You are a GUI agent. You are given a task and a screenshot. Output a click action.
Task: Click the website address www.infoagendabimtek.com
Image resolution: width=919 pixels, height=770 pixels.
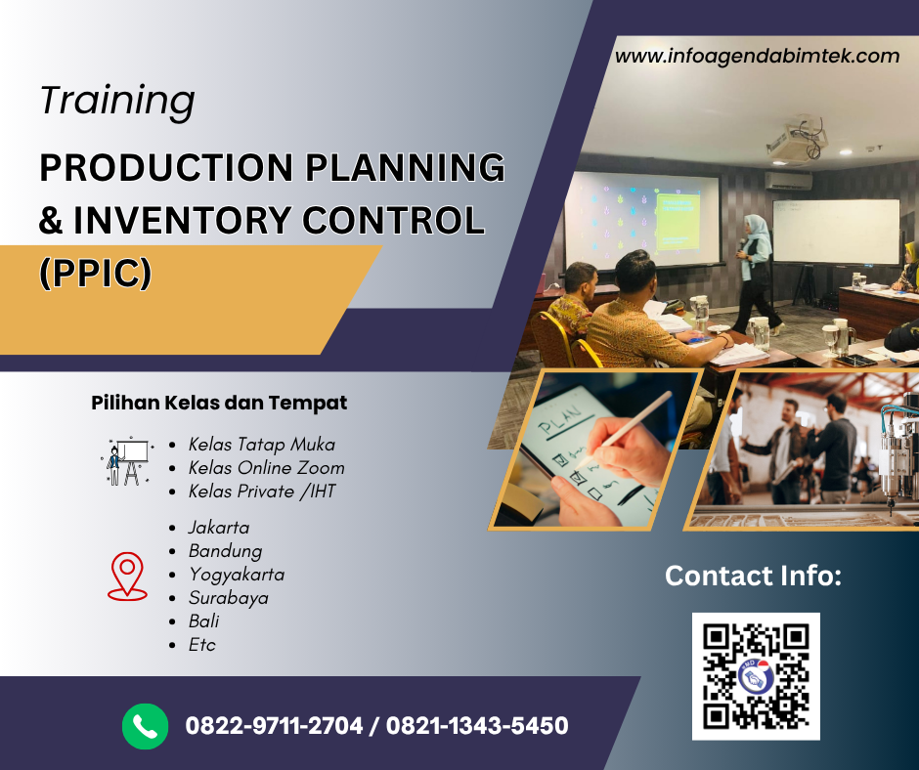tap(757, 56)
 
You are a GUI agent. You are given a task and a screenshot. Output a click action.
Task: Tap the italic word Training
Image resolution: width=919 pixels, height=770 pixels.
tap(117, 101)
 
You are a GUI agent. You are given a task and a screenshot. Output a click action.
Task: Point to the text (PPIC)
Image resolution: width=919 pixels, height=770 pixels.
tap(95, 272)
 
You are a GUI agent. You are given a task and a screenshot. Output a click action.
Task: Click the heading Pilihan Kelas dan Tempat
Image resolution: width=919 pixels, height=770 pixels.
tap(219, 403)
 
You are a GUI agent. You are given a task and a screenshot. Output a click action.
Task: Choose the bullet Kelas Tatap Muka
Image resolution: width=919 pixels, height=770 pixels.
tap(261, 444)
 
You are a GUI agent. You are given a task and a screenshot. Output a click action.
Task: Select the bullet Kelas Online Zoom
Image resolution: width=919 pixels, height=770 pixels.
tap(266, 467)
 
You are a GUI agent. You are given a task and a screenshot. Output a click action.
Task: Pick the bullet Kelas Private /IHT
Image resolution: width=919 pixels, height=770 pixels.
tap(261, 491)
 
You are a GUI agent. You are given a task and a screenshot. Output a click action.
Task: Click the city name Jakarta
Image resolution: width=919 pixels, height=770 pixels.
tap(219, 527)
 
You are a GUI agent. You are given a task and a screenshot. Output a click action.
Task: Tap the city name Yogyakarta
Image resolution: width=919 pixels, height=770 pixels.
tap(237, 574)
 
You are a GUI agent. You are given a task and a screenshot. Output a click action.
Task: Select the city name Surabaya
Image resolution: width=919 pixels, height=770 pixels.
tap(228, 597)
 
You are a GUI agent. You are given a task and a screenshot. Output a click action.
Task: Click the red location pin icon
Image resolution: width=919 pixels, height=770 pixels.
tap(127, 575)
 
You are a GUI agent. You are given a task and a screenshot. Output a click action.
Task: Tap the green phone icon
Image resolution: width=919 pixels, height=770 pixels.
tap(146, 726)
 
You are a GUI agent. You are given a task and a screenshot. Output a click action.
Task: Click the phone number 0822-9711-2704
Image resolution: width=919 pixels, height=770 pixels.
tap(274, 726)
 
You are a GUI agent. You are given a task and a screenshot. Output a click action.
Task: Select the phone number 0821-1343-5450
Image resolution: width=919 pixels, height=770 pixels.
tap(477, 726)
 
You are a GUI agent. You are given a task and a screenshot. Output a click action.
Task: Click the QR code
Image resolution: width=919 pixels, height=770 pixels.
tap(756, 676)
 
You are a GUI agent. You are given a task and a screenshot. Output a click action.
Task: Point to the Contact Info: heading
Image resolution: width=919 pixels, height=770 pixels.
tap(753, 576)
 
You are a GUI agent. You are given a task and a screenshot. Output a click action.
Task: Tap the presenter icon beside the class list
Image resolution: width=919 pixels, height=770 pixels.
tap(127, 461)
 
